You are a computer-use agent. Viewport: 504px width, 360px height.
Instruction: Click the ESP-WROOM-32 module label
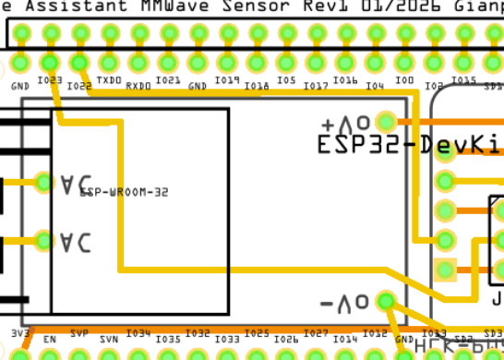point(124,192)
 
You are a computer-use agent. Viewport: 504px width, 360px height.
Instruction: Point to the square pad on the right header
point(446,270)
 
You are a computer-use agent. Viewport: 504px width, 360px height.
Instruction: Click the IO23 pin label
point(50,81)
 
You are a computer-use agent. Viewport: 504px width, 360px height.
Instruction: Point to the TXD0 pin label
point(109,81)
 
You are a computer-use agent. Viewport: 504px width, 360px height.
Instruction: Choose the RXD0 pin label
point(138,86)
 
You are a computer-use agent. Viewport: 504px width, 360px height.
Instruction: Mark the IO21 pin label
point(168,81)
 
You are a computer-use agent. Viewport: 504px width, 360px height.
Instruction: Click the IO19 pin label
point(227,81)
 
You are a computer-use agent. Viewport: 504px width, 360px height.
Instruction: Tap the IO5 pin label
point(286,81)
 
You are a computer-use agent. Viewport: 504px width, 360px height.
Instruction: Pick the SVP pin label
point(79,333)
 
